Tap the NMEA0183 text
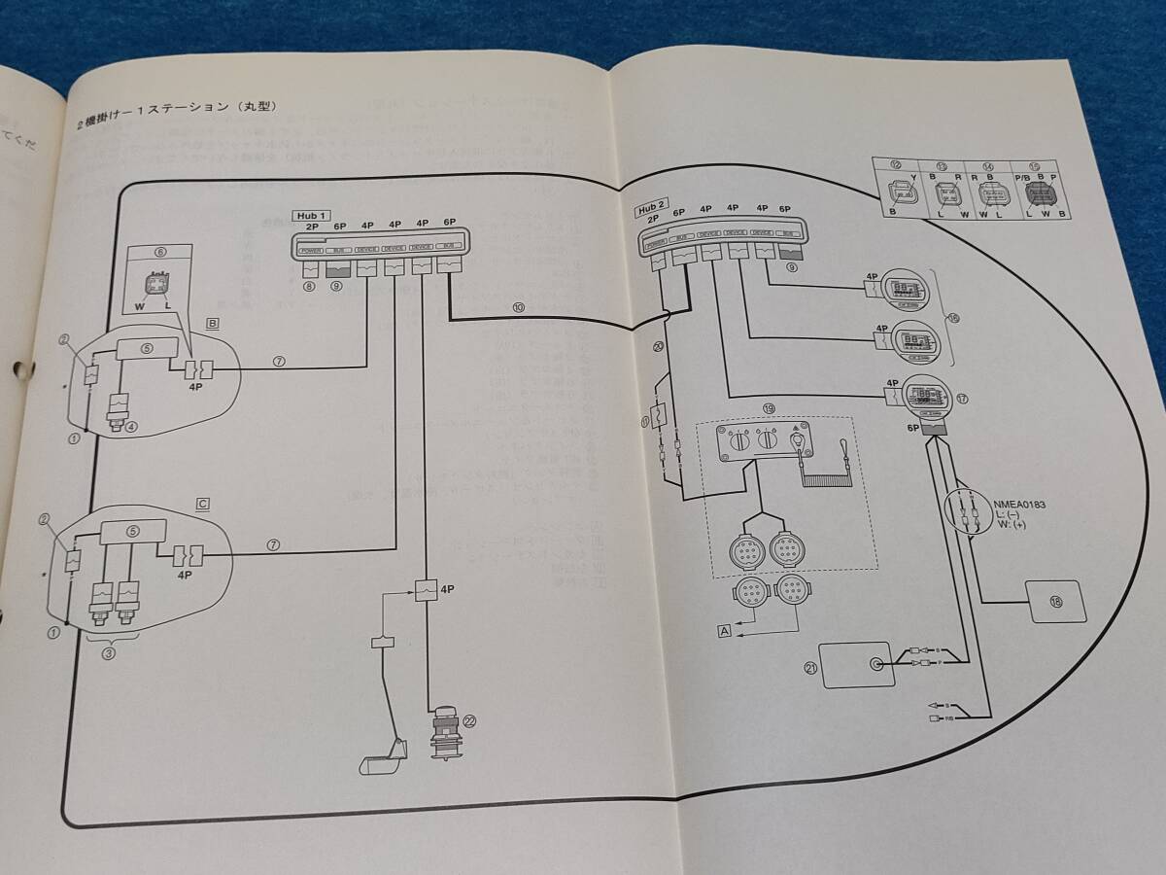tap(1019, 505)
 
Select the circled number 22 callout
tap(470, 721)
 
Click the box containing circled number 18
tap(1056, 602)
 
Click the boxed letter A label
tap(723, 630)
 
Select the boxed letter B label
tap(212, 324)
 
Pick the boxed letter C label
tap(203, 503)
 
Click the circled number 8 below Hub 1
tap(308, 287)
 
